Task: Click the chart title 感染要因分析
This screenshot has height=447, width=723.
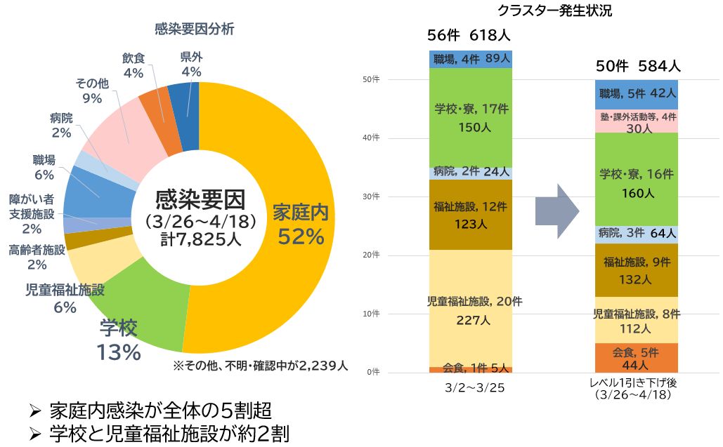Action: coord(195,29)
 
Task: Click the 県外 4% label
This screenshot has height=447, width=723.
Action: coord(191,65)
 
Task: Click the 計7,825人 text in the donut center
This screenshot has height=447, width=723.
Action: coord(200,239)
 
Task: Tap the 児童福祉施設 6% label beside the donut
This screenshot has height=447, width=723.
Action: coord(65,298)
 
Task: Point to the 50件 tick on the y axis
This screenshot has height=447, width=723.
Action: coord(372,79)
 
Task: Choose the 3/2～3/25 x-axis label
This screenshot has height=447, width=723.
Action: coord(470,387)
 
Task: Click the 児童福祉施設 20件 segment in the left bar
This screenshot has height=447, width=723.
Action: coord(470,309)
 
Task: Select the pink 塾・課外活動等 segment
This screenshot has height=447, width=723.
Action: coord(637,121)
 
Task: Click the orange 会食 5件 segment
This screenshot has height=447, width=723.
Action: coord(637,358)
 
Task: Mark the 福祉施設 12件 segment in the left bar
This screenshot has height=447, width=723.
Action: coord(470,215)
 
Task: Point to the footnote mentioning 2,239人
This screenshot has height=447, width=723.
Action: coord(261,366)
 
